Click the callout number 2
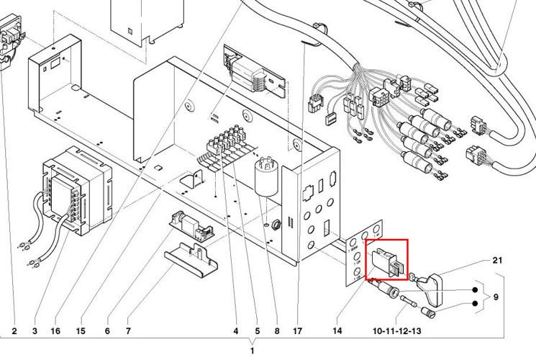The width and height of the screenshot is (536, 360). pyautogui.click(x=14, y=331)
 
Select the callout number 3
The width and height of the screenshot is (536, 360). pyautogui.click(x=35, y=331)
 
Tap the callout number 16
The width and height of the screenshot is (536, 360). pyautogui.click(x=55, y=331)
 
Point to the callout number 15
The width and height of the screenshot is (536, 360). pyautogui.click(x=81, y=331)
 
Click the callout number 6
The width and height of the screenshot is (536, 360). pyautogui.click(x=107, y=331)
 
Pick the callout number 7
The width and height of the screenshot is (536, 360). pyautogui.click(x=128, y=331)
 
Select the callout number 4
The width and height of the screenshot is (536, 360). pyautogui.click(x=235, y=331)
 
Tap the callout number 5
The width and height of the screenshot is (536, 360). pyautogui.click(x=256, y=331)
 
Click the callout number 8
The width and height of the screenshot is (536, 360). pyautogui.click(x=276, y=331)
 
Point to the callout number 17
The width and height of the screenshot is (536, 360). pyautogui.click(x=297, y=331)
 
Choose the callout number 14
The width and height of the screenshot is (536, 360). pyautogui.click(x=337, y=331)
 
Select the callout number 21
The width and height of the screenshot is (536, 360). pyautogui.click(x=496, y=259)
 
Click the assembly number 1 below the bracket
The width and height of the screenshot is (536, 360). pyautogui.click(x=252, y=351)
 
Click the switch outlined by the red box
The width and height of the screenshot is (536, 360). pyautogui.click(x=386, y=261)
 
